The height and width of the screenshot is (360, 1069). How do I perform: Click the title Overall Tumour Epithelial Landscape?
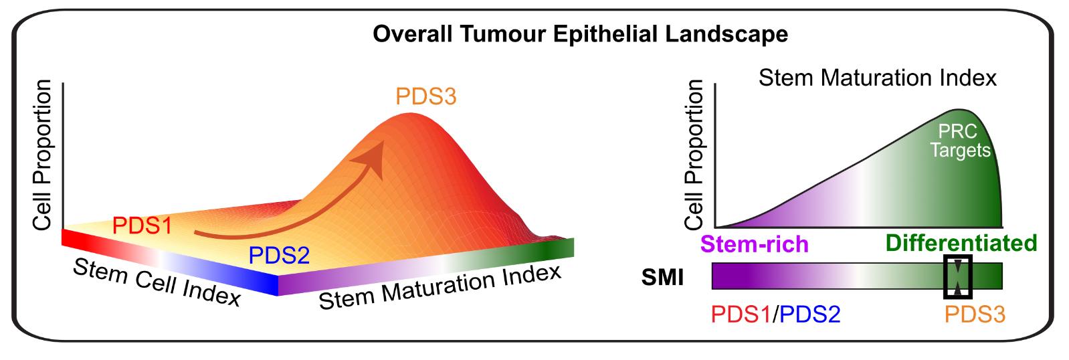pyautogui.click(x=580, y=33)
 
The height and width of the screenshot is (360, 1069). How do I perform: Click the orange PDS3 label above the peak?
pyautogui.click(x=425, y=96)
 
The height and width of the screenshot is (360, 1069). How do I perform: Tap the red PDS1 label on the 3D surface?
pyautogui.click(x=142, y=226)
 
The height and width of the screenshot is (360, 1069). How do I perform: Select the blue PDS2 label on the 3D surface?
pyautogui.click(x=279, y=255)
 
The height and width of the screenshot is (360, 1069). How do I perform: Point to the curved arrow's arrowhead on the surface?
pyautogui.click(x=371, y=158)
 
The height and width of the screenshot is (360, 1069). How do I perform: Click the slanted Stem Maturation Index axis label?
pyautogui.click(x=440, y=287)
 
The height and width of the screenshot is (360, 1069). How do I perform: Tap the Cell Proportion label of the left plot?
pyautogui.click(x=42, y=155)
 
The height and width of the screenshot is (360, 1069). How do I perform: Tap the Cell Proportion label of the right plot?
pyautogui.click(x=694, y=155)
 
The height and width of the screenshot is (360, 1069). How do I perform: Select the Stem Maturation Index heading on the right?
pyautogui.click(x=877, y=78)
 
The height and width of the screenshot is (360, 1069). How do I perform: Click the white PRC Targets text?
pyautogui.click(x=960, y=141)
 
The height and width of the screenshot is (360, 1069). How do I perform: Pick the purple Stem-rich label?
pyautogui.click(x=754, y=244)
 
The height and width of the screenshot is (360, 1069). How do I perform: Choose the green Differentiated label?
pyautogui.click(x=961, y=243)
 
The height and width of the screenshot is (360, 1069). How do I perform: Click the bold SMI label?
pyautogui.click(x=662, y=276)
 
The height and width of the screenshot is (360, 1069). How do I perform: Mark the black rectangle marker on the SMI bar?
pyautogui.click(x=957, y=276)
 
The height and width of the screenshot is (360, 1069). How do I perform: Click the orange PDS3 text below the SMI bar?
pyautogui.click(x=975, y=314)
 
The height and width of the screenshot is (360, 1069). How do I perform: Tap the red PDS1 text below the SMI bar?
pyautogui.click(x=741, y=314)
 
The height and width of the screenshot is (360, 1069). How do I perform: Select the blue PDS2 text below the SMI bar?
pyautogui.click(x=810, y=314)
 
